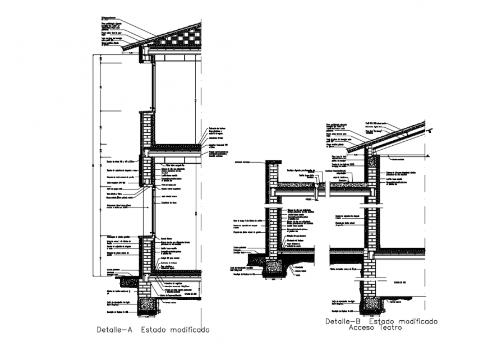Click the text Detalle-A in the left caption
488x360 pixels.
(114, 330)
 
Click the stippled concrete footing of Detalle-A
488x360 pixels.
(149, 305)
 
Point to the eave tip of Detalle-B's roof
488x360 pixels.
(349, 151)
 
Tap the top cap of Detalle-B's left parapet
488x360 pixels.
(273, 162)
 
